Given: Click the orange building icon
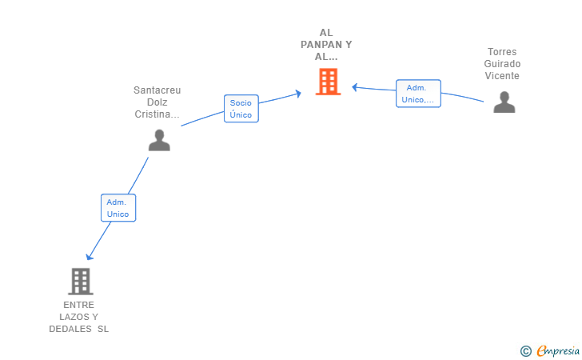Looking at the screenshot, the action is point(328,82).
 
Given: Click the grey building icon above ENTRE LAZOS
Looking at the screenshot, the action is point(81,282).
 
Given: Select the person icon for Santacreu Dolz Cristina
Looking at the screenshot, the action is point(159,140).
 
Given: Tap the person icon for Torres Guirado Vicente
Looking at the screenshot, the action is point(504,102).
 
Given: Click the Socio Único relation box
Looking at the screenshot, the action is point(241,109).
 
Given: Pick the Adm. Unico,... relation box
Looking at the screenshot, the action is point(418,94).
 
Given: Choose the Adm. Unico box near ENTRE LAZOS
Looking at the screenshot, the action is point(118,208).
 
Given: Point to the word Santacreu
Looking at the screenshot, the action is point(157,90).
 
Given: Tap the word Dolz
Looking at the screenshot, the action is point(157,102).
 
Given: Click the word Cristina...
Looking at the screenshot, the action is point(152,114).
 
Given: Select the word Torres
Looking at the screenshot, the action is point(502,52).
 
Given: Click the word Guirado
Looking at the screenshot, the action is point(502,63).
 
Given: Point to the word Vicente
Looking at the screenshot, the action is point(502,76).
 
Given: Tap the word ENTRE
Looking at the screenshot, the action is point(78,305).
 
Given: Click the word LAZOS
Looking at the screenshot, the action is point(74,317).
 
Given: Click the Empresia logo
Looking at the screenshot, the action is point(558,350).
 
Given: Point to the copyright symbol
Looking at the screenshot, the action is point(525,351).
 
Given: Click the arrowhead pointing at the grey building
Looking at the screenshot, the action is point(89,257).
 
